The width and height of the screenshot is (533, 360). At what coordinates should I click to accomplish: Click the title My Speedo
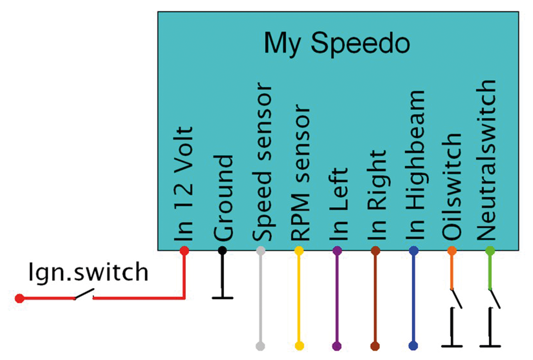coord(337,43)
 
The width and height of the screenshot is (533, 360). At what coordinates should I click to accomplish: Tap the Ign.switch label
coord(89,273)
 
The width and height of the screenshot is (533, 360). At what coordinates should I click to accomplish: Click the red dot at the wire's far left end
coord(18,298)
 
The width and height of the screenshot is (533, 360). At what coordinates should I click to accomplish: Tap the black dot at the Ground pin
coord(222,251)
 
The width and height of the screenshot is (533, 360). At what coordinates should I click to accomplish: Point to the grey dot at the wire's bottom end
coord(260,346)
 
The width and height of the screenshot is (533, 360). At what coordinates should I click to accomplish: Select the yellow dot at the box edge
coord(299,251)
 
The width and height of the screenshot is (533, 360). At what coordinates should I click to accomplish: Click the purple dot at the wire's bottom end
coord(337,346)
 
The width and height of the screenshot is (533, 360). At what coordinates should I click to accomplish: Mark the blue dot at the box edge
coord(413,251)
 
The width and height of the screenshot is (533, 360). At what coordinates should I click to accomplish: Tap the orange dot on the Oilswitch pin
coord(452,251)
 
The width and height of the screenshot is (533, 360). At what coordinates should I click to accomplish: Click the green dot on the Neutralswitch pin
coord(490,251)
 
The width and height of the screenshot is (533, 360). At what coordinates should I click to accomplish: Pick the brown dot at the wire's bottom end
coord(375,346)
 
